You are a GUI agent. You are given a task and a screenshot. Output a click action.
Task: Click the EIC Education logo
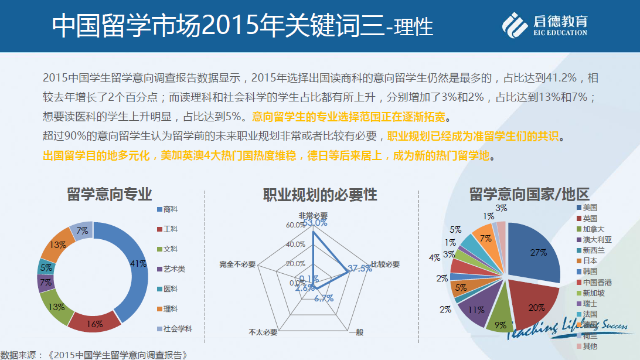(544, 25)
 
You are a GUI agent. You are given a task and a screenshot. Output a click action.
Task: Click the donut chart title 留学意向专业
(109, 194)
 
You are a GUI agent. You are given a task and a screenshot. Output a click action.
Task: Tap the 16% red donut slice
(95, 321)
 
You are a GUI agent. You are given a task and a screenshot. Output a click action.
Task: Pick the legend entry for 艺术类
(175, 269)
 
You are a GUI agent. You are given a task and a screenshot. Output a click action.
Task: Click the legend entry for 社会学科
(178, 329)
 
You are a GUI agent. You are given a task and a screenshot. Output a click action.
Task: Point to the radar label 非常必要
(313, 215)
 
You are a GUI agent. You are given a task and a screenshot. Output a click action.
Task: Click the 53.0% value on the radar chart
(315, 223)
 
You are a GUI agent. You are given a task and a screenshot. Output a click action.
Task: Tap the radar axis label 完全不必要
(237, 264)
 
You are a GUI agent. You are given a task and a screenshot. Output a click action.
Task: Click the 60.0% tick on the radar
(295, 225)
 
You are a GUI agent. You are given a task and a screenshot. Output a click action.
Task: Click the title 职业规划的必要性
(319, 194)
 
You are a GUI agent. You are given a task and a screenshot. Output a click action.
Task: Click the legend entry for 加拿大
(594, 229)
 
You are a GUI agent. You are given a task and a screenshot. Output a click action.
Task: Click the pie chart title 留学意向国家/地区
(529, 194)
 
